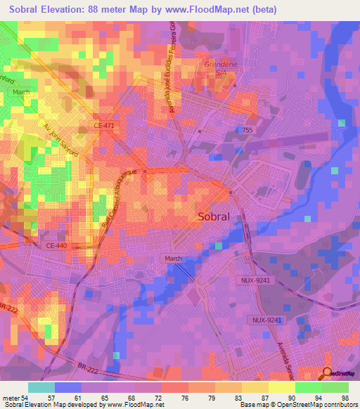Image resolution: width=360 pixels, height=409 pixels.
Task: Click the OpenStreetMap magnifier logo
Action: click(327, 373)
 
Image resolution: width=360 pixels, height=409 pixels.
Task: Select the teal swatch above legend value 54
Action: click(41, 387)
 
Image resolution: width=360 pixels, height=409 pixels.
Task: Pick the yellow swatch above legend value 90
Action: click(281, 387)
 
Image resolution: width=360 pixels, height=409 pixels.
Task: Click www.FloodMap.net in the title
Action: click(210, 10)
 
